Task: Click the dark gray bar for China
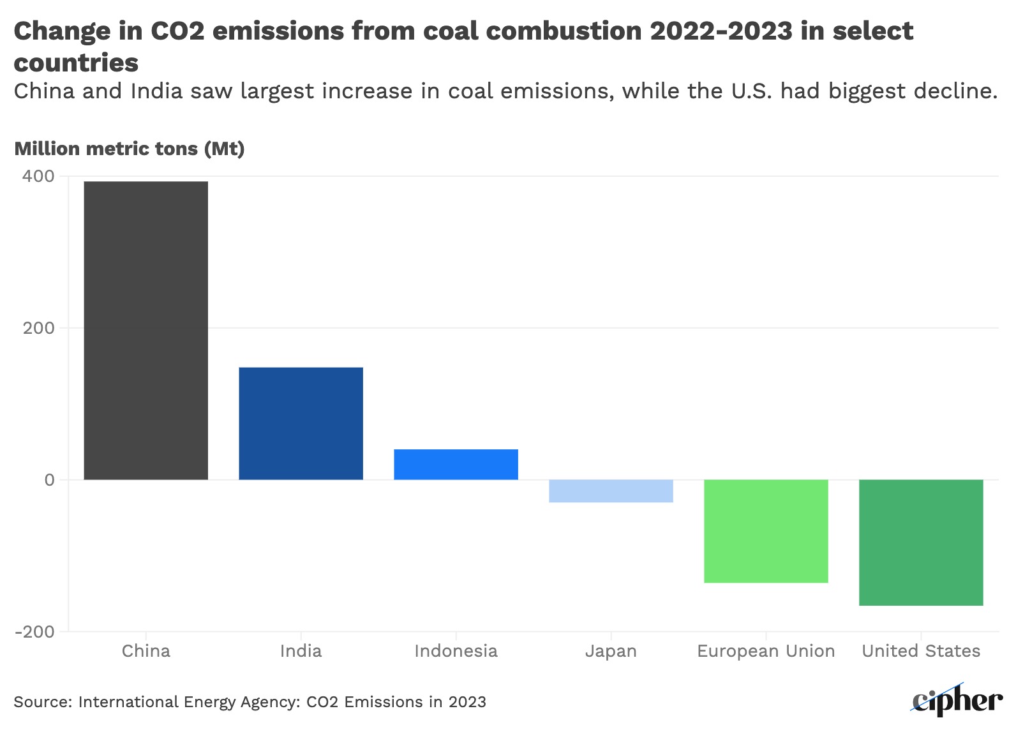tap(146, 330)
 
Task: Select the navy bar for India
tap(301, 423)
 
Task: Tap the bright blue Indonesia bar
tap(456, 464)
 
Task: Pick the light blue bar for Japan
tap(611, 491)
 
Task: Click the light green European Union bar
tap(766, 531)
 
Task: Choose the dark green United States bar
tap(921, 543)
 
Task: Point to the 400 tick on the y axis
tap(38, 176)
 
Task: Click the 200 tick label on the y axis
tap(38, 328)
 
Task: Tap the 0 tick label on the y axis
tap(49, 480)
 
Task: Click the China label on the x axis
tap(146, 651)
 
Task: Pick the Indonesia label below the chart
tap(456, 651)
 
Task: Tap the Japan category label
tap(611, 651)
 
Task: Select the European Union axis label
tap(766, 651)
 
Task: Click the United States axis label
tap(921, 651)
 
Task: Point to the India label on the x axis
tap(301, 651)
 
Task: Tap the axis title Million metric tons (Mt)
tap(130, 149)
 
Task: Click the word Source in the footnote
tap(41, 702)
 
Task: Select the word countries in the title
tap(76, 63)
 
